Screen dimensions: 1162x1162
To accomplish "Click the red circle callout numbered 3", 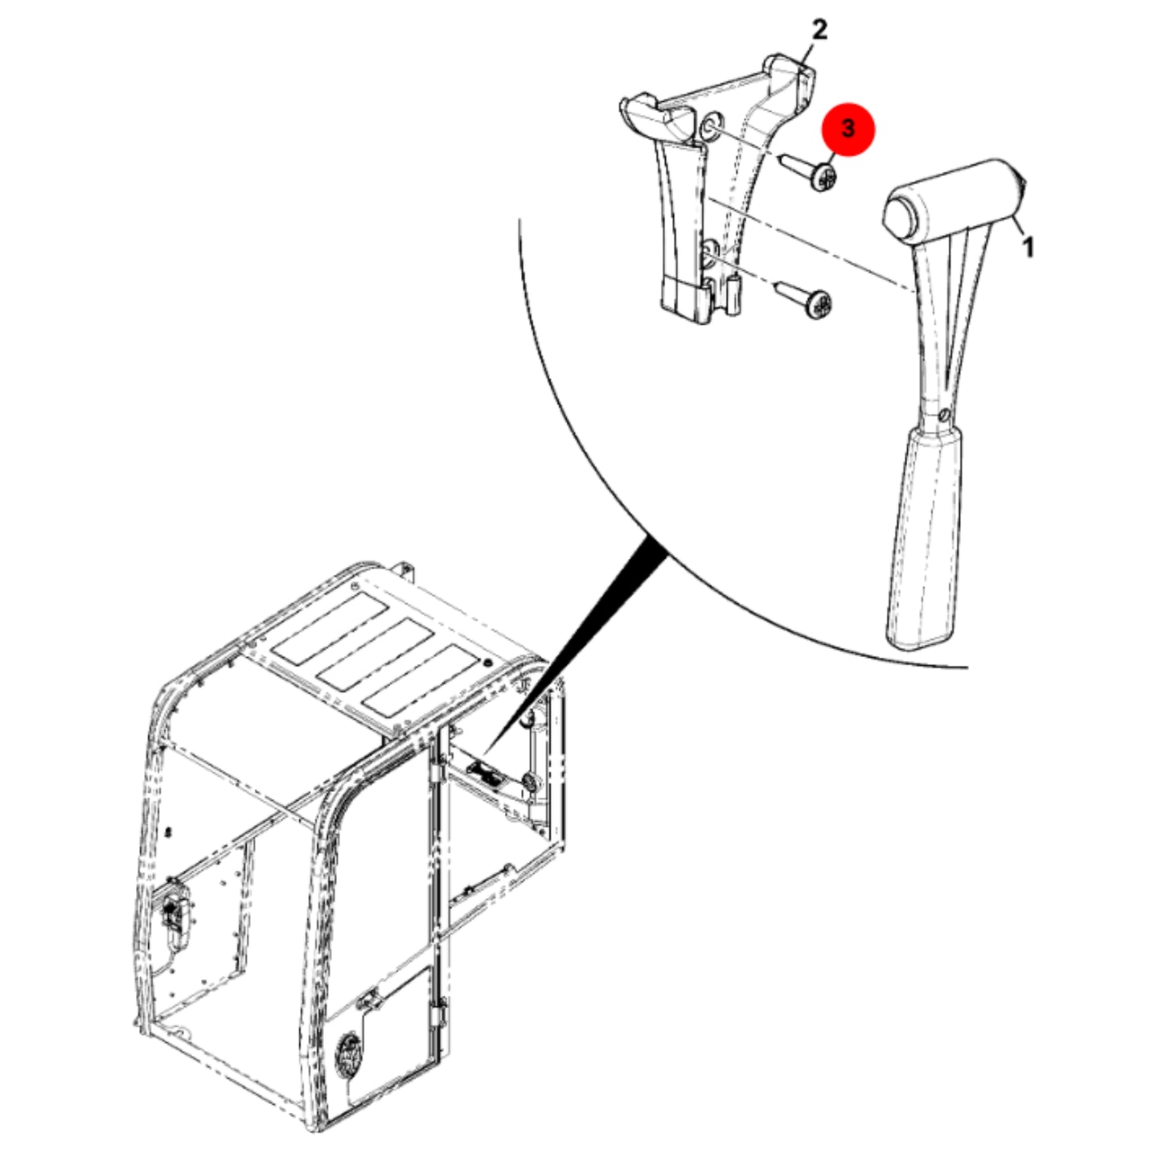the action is (848, 129).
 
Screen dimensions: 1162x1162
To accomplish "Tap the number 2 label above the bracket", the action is (819, 30).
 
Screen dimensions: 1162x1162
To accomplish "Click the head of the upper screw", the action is (823, 178).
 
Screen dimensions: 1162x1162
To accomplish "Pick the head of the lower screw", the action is (819, 306).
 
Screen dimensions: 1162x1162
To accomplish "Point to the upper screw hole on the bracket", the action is (710, 127).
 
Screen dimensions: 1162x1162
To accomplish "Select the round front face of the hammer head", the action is (901, 216).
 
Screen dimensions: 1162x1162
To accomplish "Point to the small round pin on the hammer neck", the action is (945, 414).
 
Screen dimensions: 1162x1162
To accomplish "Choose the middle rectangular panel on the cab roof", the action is (375, 653).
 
